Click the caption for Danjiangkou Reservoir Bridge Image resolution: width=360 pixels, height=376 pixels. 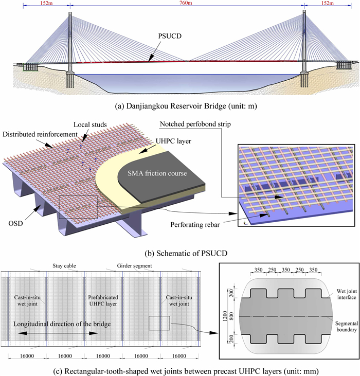tap(180, 107)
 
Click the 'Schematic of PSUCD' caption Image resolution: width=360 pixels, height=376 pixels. tap(180, 254)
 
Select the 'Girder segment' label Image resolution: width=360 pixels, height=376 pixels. tap(129, 266)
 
